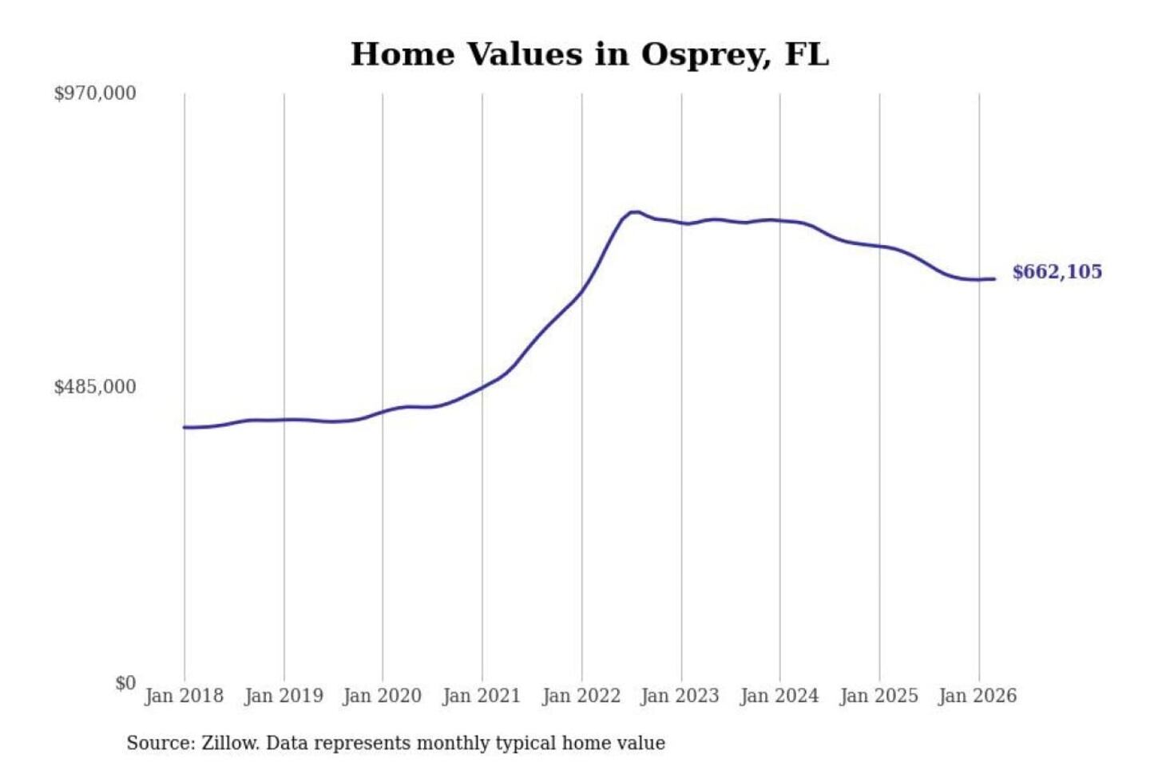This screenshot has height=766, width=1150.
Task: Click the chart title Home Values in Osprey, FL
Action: coord(589,54)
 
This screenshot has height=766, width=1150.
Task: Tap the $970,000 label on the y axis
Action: coord(95,93)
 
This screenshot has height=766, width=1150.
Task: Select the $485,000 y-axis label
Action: coord(95,387)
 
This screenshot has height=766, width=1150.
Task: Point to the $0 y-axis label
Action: coord(125,683)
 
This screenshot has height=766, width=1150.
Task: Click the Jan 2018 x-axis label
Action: coord(184,696)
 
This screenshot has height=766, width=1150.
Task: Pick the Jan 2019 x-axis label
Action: coord(284,696)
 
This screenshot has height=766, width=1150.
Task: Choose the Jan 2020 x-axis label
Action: coord(382,696)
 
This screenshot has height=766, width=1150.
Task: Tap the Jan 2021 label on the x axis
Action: coord(482,696)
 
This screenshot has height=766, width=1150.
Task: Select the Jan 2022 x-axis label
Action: coord(581,696)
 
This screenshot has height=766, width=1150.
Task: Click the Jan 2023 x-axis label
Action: coord(680,696)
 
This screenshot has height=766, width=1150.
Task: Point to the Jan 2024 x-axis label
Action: coord(779,696)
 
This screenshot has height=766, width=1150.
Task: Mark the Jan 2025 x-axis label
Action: coord(878,696)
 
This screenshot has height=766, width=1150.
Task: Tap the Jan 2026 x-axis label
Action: coord(978,696)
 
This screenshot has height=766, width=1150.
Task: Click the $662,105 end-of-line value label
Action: coord(1057,272)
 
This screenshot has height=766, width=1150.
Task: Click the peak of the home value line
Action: coord(634,212)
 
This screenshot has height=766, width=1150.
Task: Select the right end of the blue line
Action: coord(994,278)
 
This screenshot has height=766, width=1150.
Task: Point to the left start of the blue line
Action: coord(184,428)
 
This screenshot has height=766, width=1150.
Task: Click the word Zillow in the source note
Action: coord(229,744)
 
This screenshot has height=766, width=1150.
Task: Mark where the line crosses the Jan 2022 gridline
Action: coord(581,291)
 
